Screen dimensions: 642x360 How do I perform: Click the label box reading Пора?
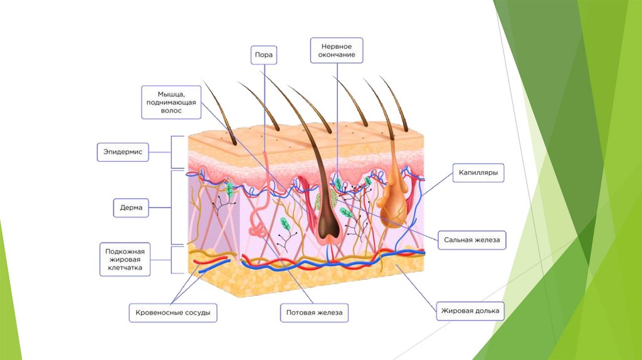[x=263, y=55]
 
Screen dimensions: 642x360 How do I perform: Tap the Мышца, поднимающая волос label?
[x=171, y=102]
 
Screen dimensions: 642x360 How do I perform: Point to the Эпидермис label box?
[x=123, y=152]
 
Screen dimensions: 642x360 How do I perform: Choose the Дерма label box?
[x=132, y=207]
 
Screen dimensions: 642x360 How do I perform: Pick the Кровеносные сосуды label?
[x=173, y=312]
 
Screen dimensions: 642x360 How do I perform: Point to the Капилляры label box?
[x=478, y=172]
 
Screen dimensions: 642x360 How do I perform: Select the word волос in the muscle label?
[x=171, y=110]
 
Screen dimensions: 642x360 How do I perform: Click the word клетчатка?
[x=125, y=268]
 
